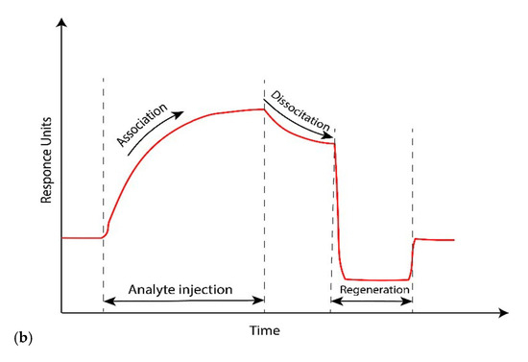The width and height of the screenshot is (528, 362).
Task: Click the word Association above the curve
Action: tap(141, 124)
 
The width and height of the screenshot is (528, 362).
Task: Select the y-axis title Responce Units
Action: tap(45, 162)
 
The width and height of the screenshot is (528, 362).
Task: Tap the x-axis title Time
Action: tap(265, 330)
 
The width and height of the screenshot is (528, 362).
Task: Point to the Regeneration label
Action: tap(371, 288)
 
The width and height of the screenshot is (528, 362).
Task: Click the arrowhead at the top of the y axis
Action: tap(62, 30)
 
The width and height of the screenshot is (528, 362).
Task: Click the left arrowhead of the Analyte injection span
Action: tap(106, 301)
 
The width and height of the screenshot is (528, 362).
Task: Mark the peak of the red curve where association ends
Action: tap(263, 109)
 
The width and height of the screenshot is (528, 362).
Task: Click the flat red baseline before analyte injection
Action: tap(82, 237)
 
